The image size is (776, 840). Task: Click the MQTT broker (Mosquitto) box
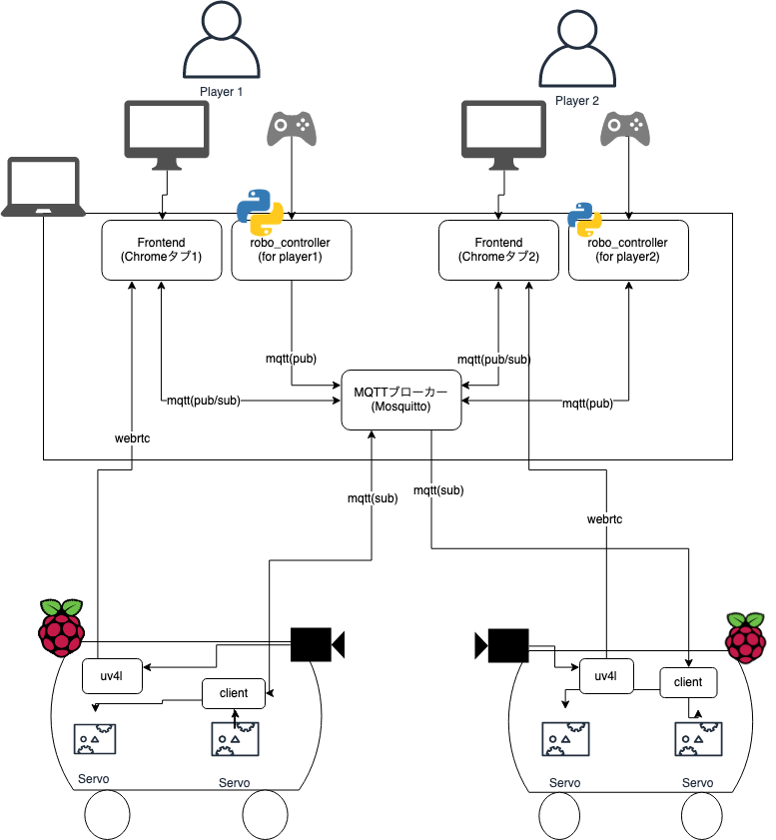pyautogui.click(x=400, y=401)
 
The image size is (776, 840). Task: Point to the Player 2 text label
pyautogui.click(x=577, y=101)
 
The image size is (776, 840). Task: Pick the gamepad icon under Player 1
pyautogui.click(x=291, y=128)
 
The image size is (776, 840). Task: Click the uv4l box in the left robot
pyautogui.click(x=110, y=677)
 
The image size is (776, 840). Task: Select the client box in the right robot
pyautogui.click(x=688, y=682)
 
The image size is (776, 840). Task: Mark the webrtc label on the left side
pyautogui.click(x=132, y=437)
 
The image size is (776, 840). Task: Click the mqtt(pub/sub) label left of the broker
pyautogui.click(x=203, y=402)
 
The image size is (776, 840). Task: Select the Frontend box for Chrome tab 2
pyautogui.click(x=498, y=250)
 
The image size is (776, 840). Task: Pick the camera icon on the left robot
pyautogui.click(x=317, y=644)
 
